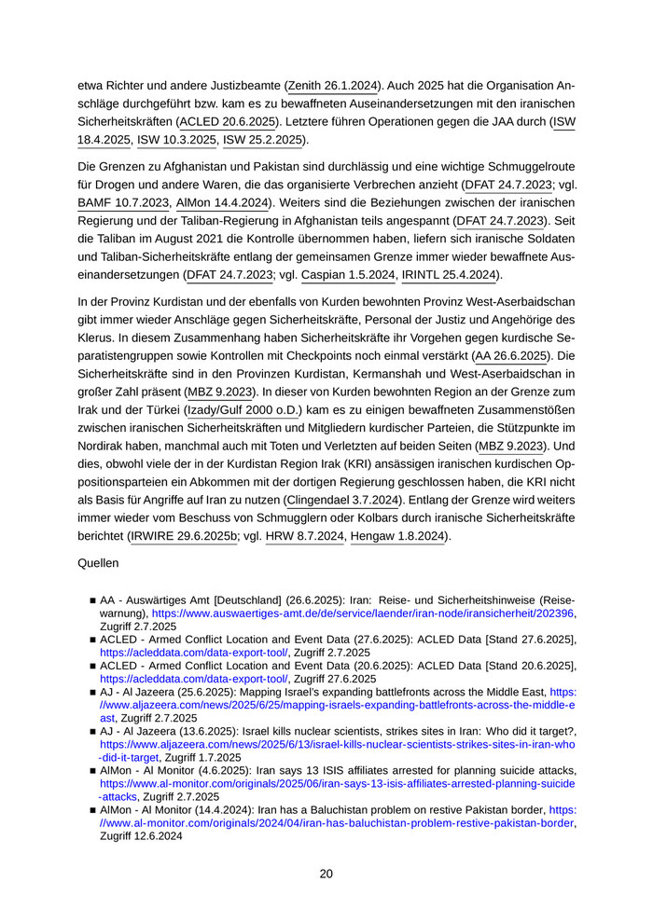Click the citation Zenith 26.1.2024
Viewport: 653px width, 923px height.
click(x=332, y=86)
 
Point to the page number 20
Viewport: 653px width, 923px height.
click(x=326, y=874)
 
